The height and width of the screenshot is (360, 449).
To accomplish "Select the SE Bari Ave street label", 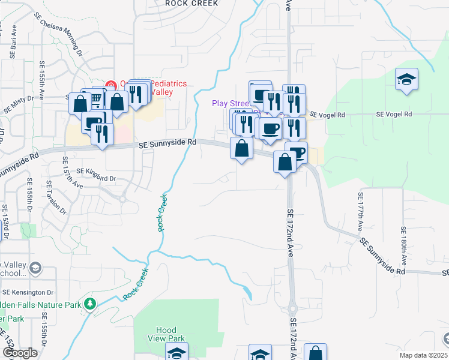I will tap(12, 42).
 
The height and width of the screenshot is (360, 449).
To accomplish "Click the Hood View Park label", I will tap(166, 334).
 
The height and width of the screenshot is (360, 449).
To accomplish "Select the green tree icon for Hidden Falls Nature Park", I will tap(90, 305).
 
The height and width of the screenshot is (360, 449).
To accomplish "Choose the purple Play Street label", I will tap(230, 103).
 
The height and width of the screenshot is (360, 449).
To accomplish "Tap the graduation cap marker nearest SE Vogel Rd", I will tap(406, 80).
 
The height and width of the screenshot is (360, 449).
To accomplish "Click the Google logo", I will tap(19, 353).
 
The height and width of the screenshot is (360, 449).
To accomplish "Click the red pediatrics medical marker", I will tap(110, 85).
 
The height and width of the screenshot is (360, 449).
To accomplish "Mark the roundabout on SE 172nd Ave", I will tap(292, 310).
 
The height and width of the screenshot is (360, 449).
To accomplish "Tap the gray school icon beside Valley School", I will tap(35, 268).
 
